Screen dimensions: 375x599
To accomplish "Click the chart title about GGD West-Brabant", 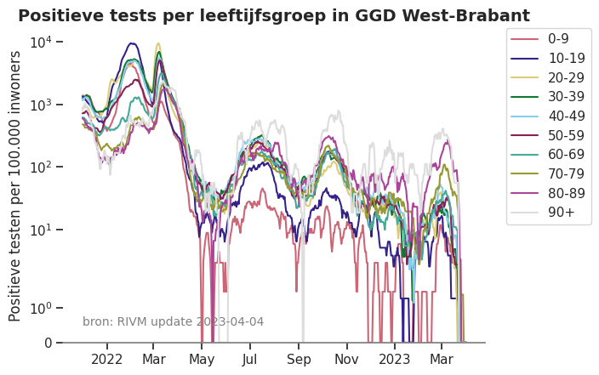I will [274, 16].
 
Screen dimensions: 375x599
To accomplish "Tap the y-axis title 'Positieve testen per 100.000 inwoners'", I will [15, 185].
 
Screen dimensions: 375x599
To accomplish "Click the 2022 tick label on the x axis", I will [107, 359].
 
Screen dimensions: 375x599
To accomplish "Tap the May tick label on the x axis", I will [202, 359].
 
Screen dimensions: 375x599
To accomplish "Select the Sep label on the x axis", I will [299, 359].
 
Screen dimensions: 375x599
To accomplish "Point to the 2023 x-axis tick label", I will [395, 359].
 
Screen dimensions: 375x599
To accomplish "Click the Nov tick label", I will [347, 359].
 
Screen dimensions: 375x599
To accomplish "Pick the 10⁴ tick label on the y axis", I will [43, 42].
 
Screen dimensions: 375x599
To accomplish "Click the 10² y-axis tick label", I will [43, 167].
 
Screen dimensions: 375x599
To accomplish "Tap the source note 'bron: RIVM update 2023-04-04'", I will [173, 321].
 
